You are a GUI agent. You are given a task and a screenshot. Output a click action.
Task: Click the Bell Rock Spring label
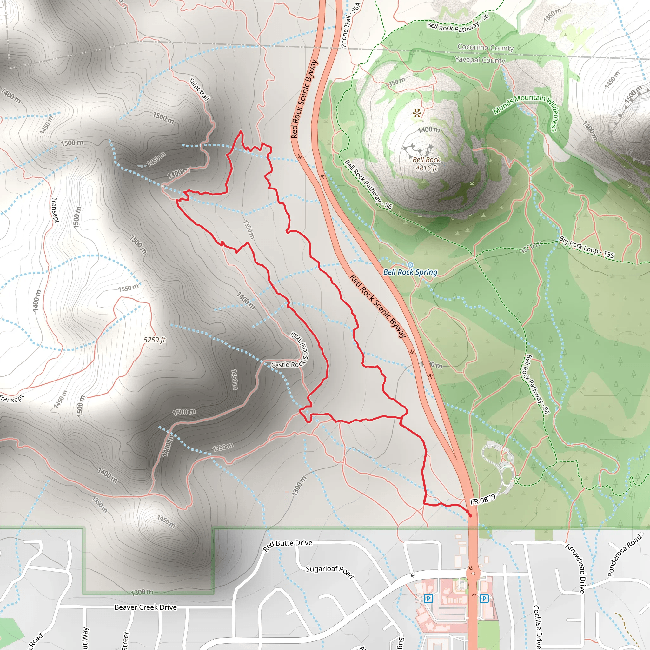[410, 272]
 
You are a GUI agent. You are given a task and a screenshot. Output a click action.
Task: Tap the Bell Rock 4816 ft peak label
[426, 164]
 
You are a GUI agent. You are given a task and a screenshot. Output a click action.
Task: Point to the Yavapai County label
[480, 60]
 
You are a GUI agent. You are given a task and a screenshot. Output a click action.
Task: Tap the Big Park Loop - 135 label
[587, 247]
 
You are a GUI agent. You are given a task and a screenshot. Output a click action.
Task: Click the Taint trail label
[199, 89]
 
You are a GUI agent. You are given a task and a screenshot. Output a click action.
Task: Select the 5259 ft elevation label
[155, 340]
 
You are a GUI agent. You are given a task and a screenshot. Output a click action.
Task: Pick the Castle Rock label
[288, 365]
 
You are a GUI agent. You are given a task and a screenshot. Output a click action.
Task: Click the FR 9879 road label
[482, 499]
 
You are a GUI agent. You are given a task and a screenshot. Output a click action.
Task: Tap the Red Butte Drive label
[287, 545]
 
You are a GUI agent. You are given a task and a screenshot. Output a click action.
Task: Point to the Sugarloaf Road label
[330, 572]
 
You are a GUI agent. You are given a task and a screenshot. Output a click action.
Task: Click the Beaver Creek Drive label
[145, 607]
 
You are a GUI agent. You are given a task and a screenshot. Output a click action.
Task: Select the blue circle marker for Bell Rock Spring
[410, 265]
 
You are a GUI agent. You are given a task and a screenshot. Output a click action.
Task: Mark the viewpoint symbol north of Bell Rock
[417, 113]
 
